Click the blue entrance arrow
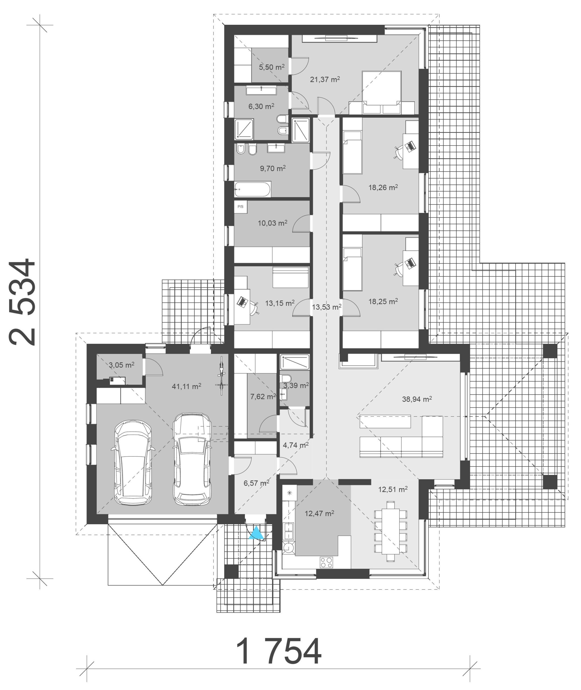coord(256,533)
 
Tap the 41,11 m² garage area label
coord(186,386)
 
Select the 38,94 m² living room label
coord(417,399)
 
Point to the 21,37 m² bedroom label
coord(325,79)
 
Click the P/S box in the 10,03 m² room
coord(240,207)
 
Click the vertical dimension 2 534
coord(22,302)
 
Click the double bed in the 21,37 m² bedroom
coord(381,92)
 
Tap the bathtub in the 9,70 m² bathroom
coord(253,189)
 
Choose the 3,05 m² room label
coord(122,365)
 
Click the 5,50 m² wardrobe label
coord(272,67)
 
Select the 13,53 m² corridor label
coord(326,307)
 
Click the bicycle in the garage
coord(221,375)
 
